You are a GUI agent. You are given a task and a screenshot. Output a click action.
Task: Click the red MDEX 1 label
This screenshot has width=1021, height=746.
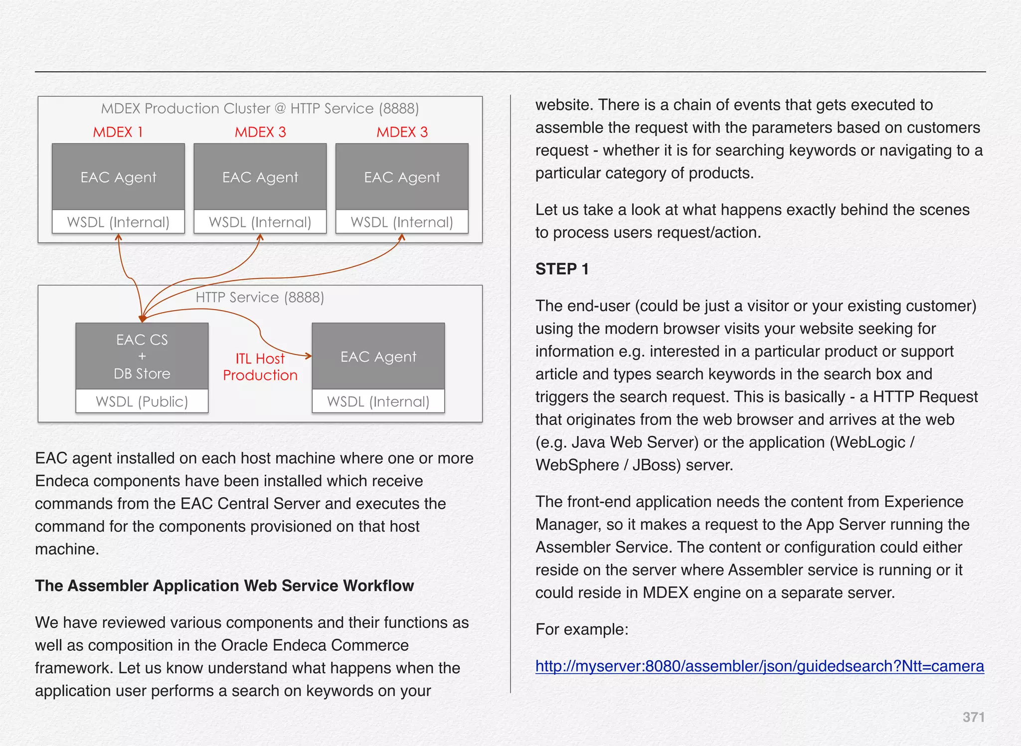click(118, 132)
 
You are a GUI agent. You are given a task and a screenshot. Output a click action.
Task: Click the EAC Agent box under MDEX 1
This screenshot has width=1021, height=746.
click(118, 177)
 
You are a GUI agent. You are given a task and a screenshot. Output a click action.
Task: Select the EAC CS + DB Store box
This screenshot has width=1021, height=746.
click(142, 356)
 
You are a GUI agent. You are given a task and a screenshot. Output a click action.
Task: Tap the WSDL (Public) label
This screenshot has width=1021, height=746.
click(142, 401)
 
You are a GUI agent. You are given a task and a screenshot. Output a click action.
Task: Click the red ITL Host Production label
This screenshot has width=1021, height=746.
click(260, 367)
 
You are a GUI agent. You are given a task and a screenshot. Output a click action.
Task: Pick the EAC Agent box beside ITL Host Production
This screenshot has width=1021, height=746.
click(378, 357)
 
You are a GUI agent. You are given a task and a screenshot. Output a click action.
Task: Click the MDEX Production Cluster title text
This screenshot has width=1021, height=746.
click(260, 108)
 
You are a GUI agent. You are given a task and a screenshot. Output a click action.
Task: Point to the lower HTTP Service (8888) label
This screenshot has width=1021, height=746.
click(260, 297)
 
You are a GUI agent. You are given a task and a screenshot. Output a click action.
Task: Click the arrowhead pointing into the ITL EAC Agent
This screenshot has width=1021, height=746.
click(309, 356)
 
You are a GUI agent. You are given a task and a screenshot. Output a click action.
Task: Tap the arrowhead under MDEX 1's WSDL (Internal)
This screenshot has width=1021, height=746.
click(119, 238)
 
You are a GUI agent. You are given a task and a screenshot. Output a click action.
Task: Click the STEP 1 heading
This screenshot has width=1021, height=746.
click(562, 269)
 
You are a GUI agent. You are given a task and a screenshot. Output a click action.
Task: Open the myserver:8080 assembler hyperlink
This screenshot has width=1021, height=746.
click(759, 666)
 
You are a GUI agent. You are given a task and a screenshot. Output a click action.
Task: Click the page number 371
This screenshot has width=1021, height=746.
click(973, 717)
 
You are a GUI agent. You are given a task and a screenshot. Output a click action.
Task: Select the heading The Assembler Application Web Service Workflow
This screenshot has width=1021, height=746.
click(224, 585)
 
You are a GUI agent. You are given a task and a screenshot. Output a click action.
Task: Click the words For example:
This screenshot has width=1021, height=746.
click(582, 629)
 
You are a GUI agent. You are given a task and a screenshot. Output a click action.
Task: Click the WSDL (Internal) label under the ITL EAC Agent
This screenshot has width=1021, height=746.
click(378, 401)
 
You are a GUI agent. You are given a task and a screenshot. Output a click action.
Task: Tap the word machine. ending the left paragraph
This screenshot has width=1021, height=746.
click(67, 549)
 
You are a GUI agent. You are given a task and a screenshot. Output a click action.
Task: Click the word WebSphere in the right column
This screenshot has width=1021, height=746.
click(577, 465)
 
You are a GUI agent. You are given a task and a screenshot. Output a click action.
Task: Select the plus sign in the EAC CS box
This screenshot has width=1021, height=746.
click(142, 356)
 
